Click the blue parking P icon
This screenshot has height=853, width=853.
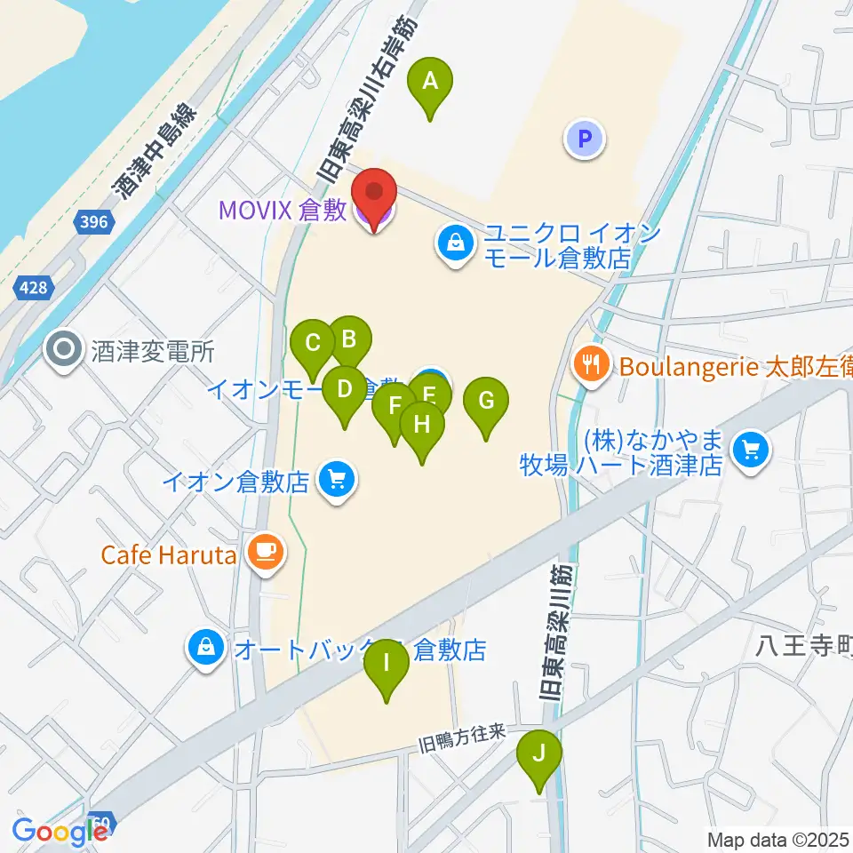(584, 138)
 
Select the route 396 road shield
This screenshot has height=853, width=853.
(93, 221)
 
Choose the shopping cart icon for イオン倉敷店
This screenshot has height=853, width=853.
(336, 481)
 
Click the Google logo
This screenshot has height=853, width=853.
(59, 831)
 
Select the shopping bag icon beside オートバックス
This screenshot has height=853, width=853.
(206, 648)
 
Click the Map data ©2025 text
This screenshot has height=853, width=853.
(777, 839)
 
